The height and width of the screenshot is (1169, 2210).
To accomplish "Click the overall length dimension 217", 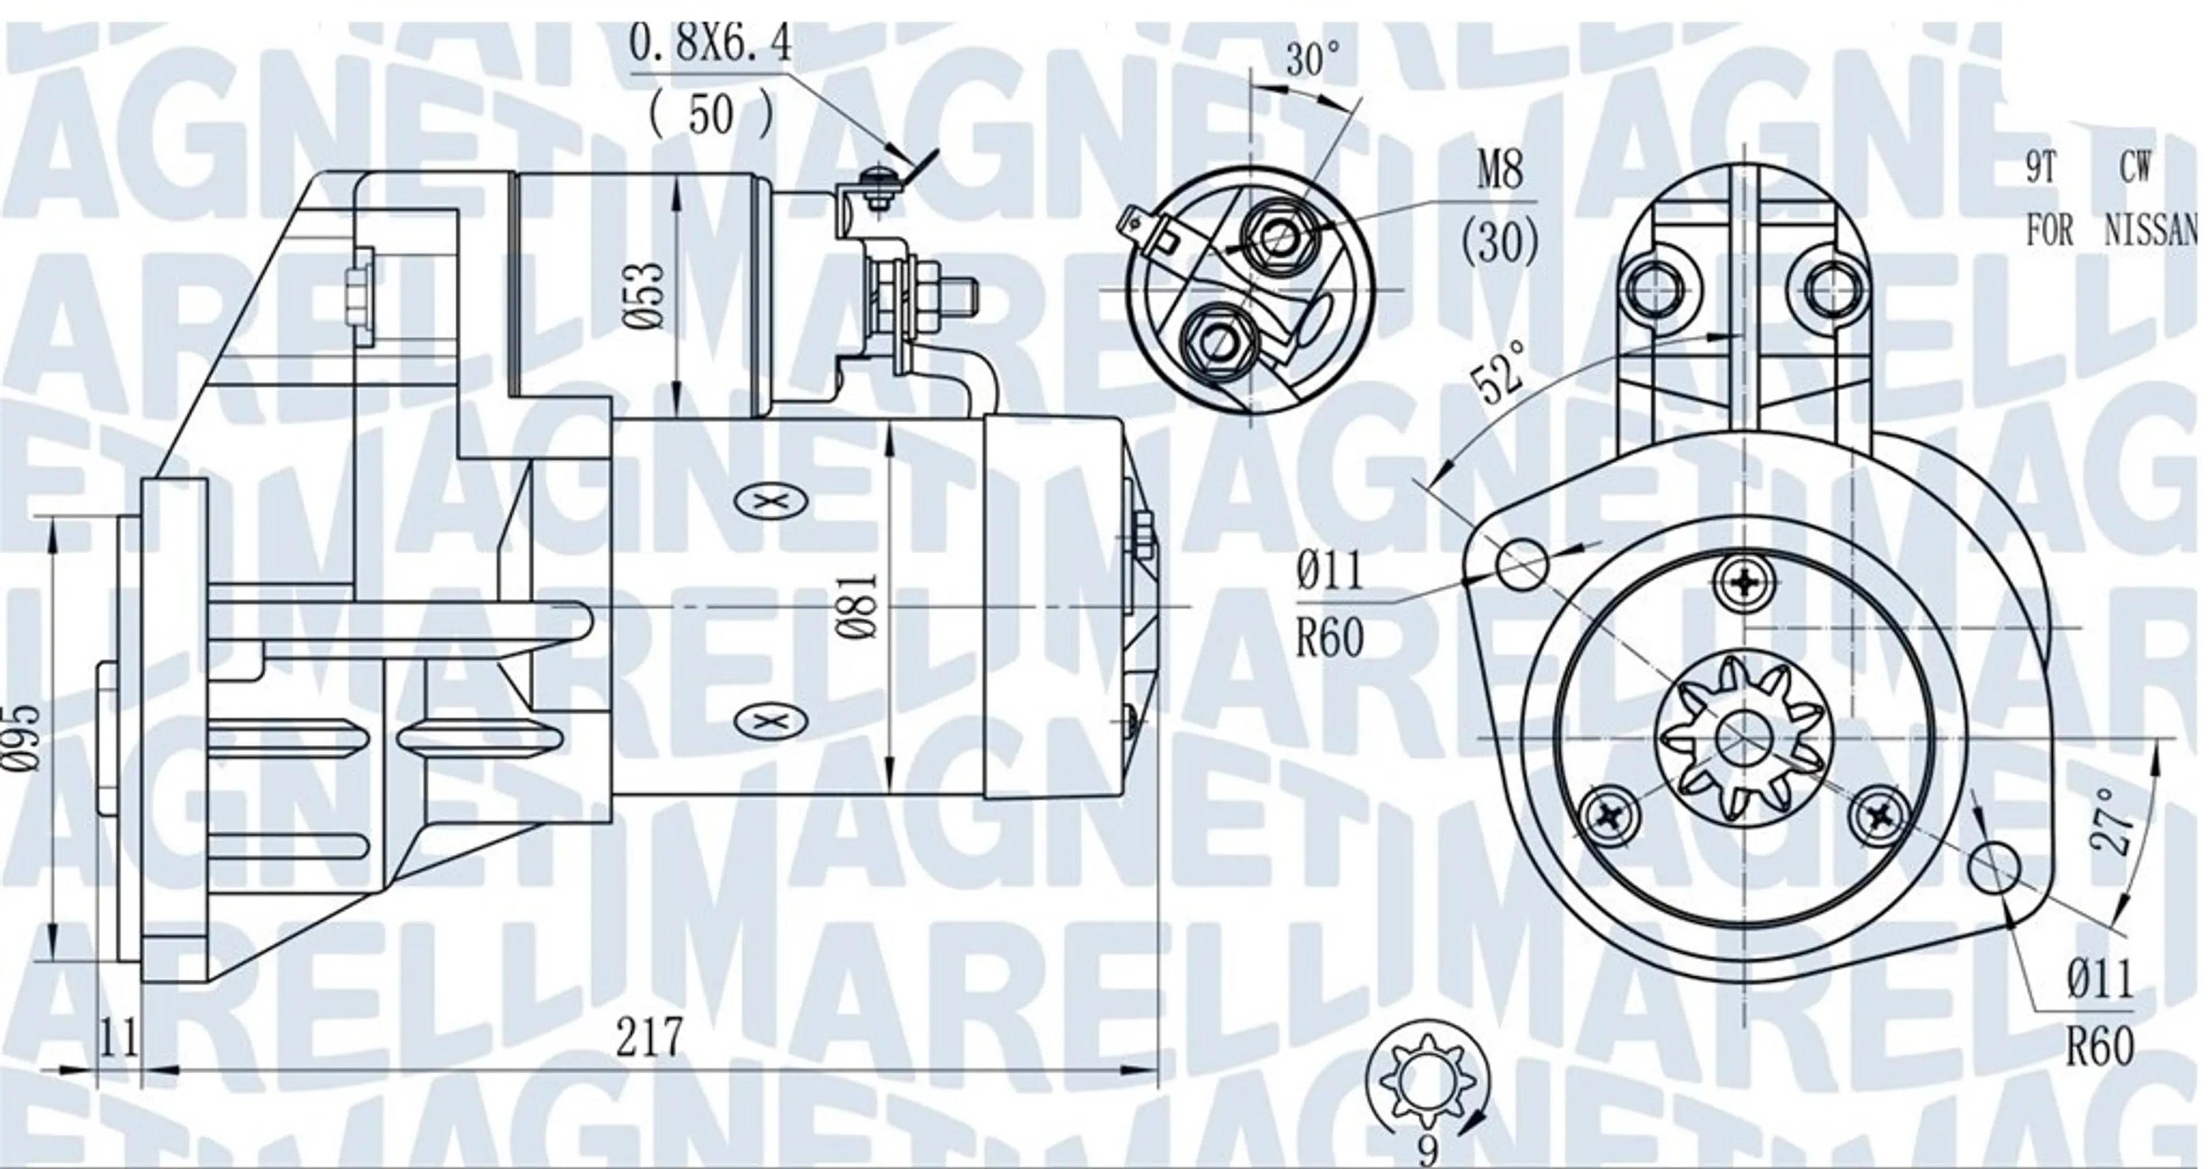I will (649, 1037).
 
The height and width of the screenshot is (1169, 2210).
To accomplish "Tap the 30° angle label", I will (1312, 60).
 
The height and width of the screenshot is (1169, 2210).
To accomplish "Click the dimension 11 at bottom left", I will (119, 1038).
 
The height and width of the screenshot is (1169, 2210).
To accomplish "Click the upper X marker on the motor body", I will (771, 503).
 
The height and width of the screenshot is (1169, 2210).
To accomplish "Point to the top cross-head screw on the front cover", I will (1740, 584).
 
